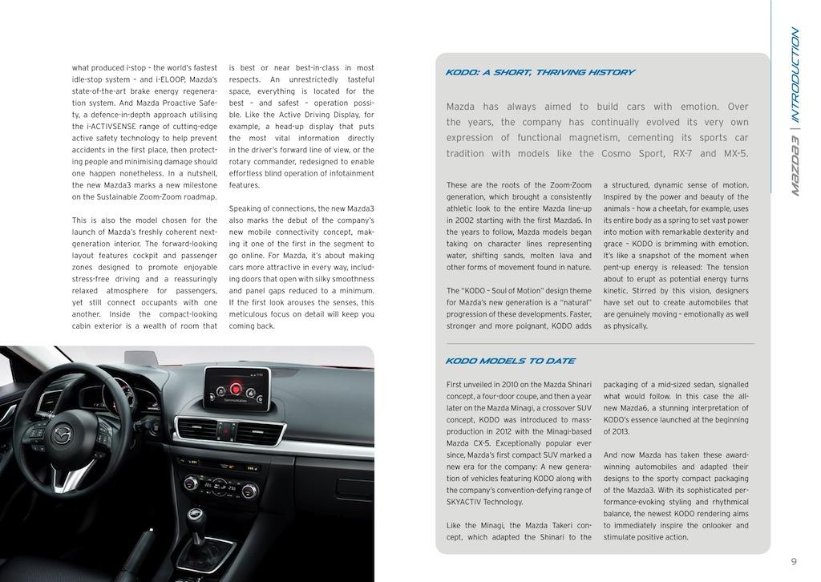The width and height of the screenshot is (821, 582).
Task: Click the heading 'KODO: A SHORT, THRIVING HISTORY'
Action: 540,72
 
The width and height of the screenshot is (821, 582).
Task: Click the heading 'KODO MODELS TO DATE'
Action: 510,361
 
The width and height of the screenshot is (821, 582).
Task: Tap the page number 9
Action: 793,562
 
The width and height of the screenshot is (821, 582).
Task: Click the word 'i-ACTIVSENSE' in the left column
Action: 108,127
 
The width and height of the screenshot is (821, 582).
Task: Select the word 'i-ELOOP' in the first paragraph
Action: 170,80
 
